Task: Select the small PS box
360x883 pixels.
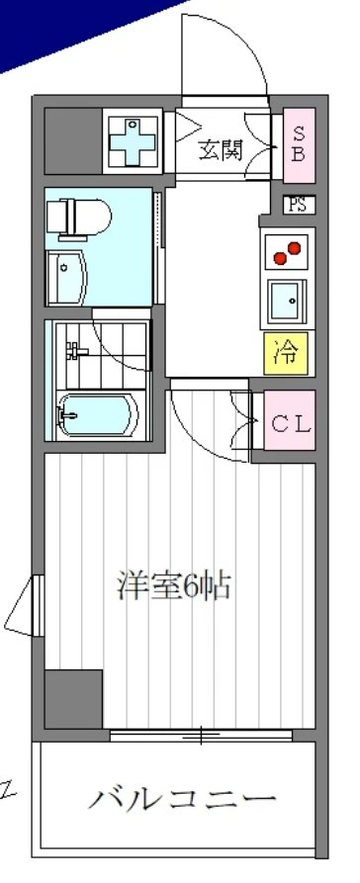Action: pyautogui.click(x=297, y=206)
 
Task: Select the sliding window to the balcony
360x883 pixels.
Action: pyautogui.click(x=201, y=736)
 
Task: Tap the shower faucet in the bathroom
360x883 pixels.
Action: pyautogui.click(x=72, y=350)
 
